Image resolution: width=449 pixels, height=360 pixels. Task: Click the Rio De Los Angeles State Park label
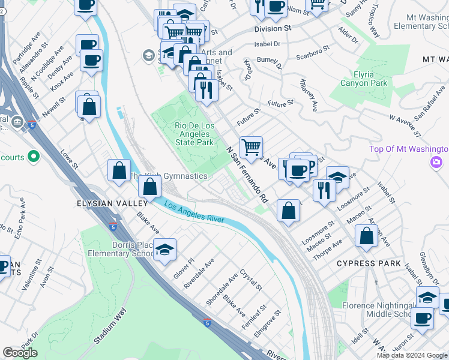[194, 134]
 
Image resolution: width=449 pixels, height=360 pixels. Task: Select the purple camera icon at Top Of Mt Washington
[436, 162]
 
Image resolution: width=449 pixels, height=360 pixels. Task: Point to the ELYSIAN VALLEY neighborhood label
[107, 203]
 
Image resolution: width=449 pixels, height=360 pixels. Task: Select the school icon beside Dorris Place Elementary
[164, 251]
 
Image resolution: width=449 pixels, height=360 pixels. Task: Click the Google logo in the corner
[20, 353]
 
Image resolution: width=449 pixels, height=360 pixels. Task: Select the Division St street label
[272, 28]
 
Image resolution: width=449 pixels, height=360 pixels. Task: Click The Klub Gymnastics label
[169, 176]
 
